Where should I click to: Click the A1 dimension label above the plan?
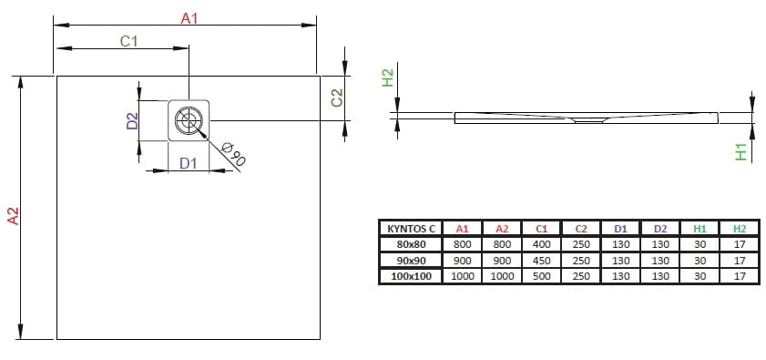point(189,18)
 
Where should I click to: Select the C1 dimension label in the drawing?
point(129,42)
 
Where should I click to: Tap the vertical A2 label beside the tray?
point(13,216)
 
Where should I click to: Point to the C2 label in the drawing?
point(337,98)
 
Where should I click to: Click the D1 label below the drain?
point(188,163)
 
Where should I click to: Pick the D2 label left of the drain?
point(132,121)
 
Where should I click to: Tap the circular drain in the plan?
point(189,119)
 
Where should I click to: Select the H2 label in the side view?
point(387,77)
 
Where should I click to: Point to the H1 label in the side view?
point(741,152)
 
